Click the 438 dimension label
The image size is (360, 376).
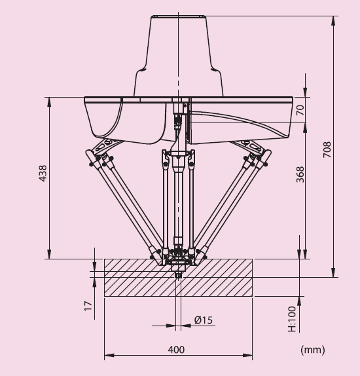click(x=43, y=173)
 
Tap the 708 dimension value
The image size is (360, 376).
click(x=327, y=149)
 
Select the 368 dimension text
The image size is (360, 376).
click(x=300, y=174)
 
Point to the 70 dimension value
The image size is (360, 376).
click(x=300, y=110)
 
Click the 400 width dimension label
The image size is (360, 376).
click(x=176, y=350)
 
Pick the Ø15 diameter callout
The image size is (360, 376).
click(x=204, y=320)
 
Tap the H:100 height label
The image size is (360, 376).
click(x=292, y=319)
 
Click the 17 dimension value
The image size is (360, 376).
click(x=88, y=306)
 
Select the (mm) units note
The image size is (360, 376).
click(x=313, y=350)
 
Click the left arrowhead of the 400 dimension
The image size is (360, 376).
click(x=109, y=355)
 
